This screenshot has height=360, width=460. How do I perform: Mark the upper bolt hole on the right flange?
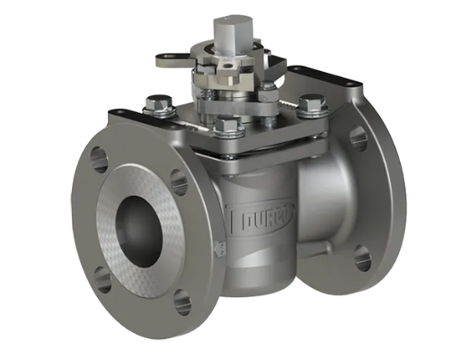coord(358,137)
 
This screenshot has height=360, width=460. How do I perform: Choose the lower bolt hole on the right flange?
coord(362,259)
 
